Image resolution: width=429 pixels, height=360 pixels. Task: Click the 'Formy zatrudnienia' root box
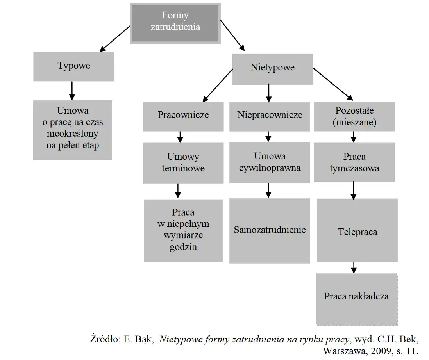(175, 22)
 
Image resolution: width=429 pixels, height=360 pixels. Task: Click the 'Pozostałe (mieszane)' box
(354, 116)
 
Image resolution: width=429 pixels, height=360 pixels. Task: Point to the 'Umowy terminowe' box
(183, 162)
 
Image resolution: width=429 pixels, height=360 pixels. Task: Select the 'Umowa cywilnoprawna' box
(270, 162)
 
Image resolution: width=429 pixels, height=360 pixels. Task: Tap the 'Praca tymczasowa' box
(354, 162)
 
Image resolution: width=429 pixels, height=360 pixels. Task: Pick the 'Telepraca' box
(357, 232)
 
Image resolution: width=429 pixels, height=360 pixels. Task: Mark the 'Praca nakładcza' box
(356, 297)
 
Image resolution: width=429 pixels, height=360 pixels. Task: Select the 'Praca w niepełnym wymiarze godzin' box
(183, 230)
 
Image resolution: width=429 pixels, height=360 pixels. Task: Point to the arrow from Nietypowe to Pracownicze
(217, 85)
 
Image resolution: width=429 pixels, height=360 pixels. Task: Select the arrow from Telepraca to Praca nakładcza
(354, 267)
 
